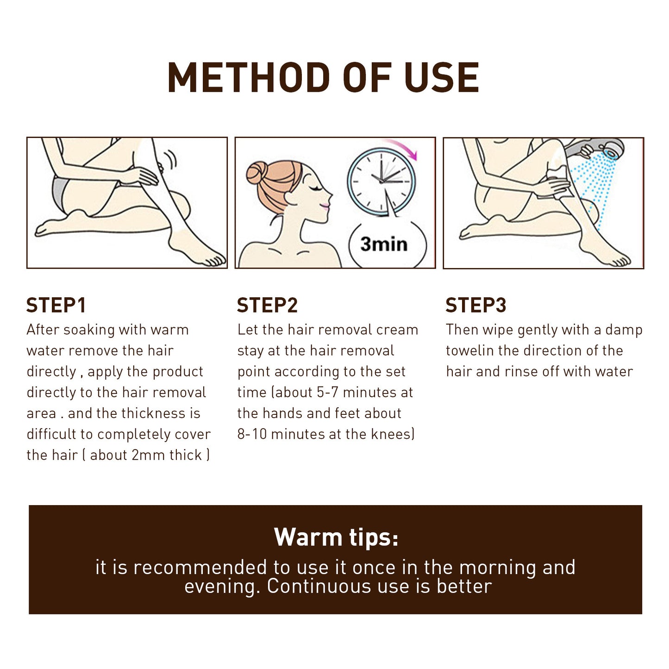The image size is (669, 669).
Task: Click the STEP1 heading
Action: pyautogui.click(x=56, y=306)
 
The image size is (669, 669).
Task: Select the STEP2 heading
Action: pyautogui.click(x=267, y=306)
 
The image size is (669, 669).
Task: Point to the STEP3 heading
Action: pyautogui.click(x=476, y=306)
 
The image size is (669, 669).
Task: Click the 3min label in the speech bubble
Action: pyautogui.click(x=384, y=244)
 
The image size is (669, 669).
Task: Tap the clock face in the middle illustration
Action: pyautogui.click(x=381, y=181)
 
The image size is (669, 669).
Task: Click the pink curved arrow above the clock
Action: pyautogui.click(x=404, y=148)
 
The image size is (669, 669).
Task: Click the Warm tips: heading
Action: pyautogui.click(x=336, y=538)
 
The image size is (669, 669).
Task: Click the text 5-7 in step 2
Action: pyautogui.click(x=328, y=393)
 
